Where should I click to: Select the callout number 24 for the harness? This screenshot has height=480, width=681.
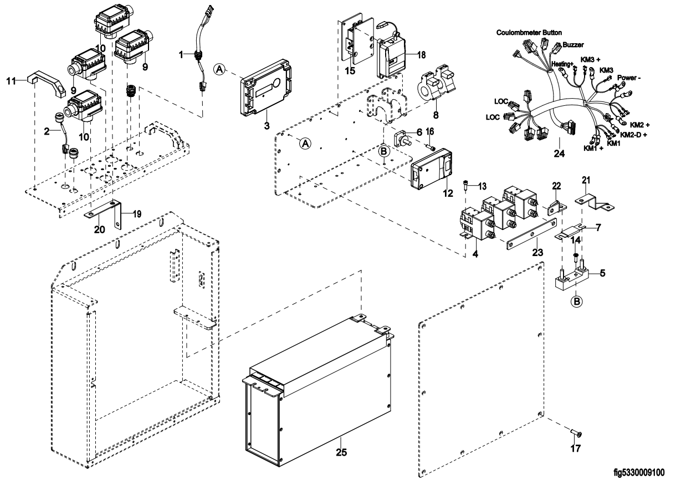click(x=560, y=153)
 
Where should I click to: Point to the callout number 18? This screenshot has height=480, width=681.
click(x=422, y=55)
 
